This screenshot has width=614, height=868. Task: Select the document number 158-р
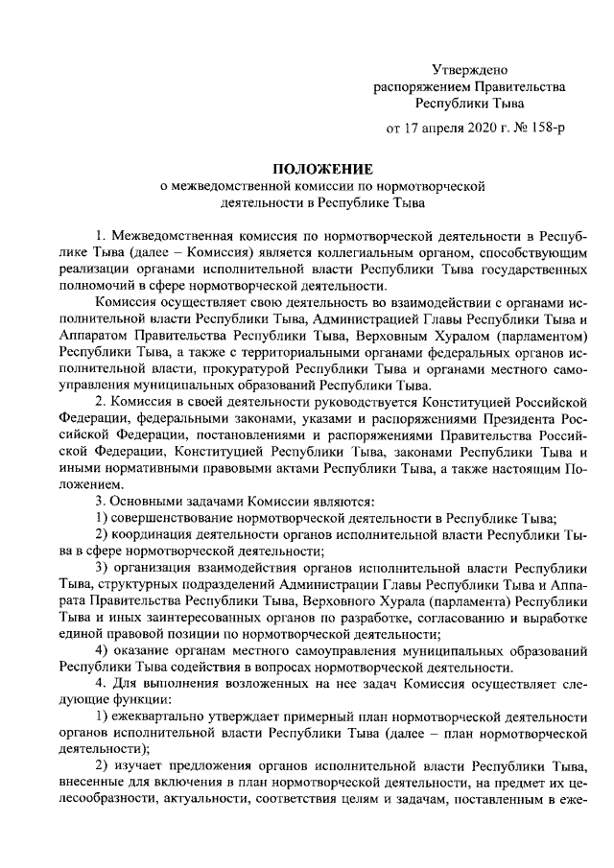click(x=543, y=127)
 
